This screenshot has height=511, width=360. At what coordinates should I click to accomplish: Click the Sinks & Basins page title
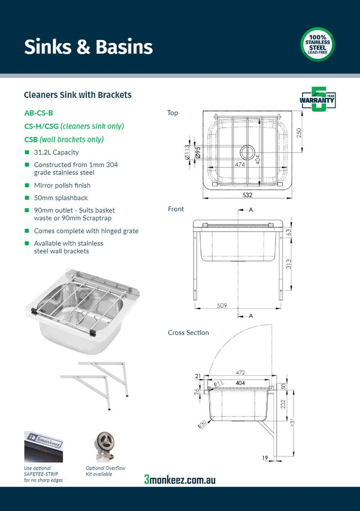pyautogui.click(x=88, y=47)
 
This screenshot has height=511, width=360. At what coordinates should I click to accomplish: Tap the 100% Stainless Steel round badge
pyautogui.click(x=317, y=44)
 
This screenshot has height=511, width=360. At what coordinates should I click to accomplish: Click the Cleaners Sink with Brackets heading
pyautogui.click(x=77, y=95)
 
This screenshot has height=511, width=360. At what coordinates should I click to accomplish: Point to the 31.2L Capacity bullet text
pyautogui.click(x=56, y=153)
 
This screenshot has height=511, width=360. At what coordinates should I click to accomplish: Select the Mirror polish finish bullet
pyautogui.click(x=62, y=186)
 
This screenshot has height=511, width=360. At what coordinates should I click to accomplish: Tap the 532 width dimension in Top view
pyautogui.click(x=247, y=195)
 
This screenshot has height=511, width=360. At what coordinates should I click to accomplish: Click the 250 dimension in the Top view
pyautogui.click(x=299, y=132)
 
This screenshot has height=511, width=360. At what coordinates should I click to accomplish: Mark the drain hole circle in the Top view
pyautogui.click(x=247, y=152)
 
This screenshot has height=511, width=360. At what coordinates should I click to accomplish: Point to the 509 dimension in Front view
pyautogui.click(x=221, y=305)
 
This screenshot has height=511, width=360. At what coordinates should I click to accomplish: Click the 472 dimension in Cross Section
pyautogui.click(x=241, y=372)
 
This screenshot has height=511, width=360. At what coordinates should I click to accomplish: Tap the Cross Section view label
pyautogui.click(x=188, y=333)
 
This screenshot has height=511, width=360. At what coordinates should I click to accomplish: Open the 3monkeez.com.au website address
pyautogui.click(x=180, y=479)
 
